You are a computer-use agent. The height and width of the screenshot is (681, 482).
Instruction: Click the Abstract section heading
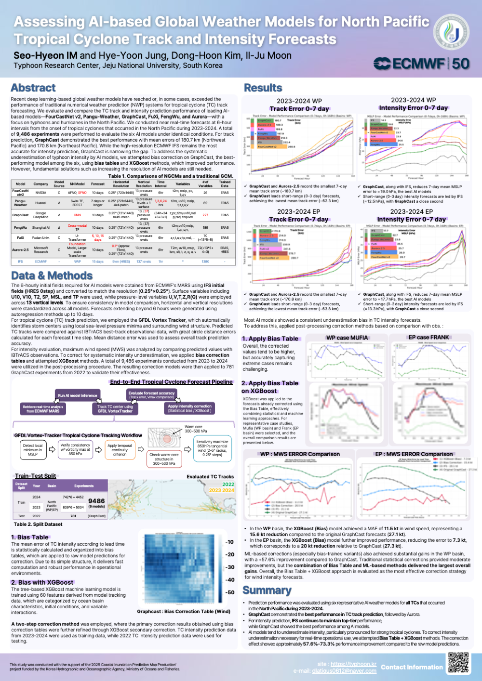coord(33,88)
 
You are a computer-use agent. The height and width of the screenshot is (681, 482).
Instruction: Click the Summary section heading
coord(267,590)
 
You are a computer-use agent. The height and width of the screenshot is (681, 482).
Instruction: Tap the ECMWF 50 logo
coord(421,64)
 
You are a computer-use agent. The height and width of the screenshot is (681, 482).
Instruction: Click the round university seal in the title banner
coord(451,31)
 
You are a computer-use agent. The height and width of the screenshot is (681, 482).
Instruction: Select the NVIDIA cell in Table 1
coord(41,193)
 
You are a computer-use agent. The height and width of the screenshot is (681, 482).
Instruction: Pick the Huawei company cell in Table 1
coord(41,203)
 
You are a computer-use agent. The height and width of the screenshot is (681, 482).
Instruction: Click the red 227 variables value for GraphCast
coord(205,215)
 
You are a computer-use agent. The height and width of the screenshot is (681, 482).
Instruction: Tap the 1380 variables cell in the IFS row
coord(205,262)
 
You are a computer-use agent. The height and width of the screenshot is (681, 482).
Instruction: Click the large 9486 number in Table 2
coord(96,501)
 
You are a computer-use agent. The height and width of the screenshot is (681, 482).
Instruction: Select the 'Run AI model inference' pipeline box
coord(78,395)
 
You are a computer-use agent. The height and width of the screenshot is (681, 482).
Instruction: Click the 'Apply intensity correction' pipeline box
coord(189,408)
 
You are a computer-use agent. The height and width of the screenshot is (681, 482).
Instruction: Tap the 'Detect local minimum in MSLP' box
coord(33,449)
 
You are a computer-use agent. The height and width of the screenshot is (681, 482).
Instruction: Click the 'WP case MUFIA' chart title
coord(347,338)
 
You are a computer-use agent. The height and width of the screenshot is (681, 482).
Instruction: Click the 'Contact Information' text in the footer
coord(412,667)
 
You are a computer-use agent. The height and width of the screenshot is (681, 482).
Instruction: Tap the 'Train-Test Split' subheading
coord(36,476)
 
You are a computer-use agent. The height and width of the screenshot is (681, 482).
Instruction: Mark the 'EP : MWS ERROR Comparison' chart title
coord(414,454)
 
